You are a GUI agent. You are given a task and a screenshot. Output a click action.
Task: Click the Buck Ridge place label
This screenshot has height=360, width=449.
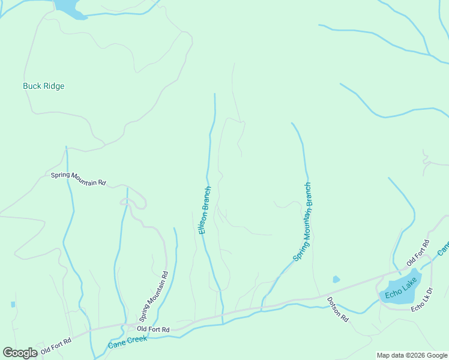(43, 86)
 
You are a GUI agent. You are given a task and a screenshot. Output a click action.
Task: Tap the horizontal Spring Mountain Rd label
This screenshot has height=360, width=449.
(78, 178)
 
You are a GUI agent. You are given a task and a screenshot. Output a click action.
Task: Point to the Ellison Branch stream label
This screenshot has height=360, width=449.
(204, 211)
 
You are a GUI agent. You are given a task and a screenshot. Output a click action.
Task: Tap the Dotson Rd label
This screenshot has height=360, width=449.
(337, 310)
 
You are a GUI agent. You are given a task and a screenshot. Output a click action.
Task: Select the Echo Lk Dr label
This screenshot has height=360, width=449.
(426, 302)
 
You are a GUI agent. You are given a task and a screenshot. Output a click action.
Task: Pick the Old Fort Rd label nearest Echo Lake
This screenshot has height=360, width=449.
(418, 253)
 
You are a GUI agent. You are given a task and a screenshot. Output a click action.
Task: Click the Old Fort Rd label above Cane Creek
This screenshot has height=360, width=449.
(153, 329)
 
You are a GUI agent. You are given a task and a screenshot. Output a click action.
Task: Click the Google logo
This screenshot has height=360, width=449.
(20, 353)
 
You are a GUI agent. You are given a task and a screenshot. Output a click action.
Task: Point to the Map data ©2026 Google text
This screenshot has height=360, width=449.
(412, 355)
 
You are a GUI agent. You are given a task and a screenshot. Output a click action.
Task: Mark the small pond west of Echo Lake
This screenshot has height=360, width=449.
(336, 279)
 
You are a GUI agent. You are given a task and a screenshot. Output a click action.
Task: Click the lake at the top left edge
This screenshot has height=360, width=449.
(69, 7)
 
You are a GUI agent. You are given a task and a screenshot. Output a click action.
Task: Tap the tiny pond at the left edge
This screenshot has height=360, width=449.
(13, 304)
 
